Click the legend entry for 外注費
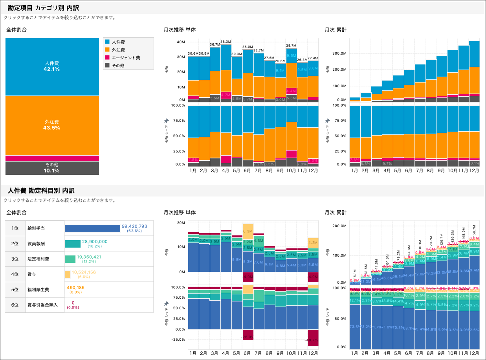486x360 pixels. click(x=118, y=50)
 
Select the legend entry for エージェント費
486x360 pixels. click(x=126, y=58)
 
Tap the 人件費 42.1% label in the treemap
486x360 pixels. click(x=52, y=66)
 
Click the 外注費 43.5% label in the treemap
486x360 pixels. click(x=52, y=125)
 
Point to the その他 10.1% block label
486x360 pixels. click(x=52, y=168)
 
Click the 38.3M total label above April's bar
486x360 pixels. click(x=226, y=42)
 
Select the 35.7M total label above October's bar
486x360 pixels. click(x=291, y=46)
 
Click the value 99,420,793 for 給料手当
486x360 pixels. click(x=134, y=226)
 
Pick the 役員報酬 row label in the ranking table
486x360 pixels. click(x=36, y=244)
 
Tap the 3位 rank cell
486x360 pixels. click(x=15, y=259)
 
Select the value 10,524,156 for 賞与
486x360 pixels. click(x=84, y=272)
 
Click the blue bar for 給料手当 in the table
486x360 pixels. click(x=92, y=228)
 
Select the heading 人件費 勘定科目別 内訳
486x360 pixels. click(x=41, y=191)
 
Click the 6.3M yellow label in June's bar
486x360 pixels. click(x=248, y=231)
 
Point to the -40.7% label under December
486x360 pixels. click(x=313, y=340)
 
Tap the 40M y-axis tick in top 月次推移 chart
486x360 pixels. click(x=181, y=42)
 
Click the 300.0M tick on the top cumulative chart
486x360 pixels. click(x=339, y=53)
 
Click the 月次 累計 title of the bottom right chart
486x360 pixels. click(x=336, y=213)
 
